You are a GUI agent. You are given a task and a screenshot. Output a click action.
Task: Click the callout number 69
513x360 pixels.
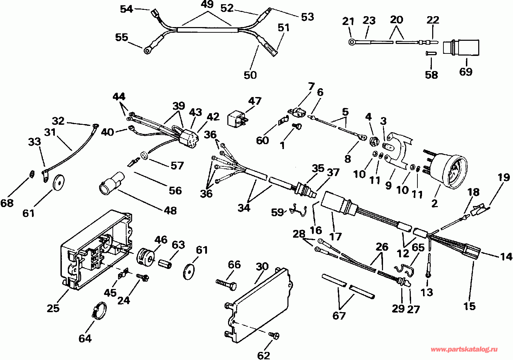[466, 72]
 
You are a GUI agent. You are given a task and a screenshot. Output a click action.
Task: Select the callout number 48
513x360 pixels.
[171, 211]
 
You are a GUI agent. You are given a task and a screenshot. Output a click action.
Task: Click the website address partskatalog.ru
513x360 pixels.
[464, 349]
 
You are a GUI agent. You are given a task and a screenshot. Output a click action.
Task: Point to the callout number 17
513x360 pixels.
[336, 236]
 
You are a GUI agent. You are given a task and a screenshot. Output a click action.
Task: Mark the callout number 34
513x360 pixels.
[244, 207]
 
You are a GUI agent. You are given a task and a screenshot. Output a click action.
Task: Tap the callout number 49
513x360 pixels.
[208, 5]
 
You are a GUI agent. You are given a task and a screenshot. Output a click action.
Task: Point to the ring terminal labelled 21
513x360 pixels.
[352, 42]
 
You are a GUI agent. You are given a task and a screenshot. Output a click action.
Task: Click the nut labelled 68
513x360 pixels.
[31, 174]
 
